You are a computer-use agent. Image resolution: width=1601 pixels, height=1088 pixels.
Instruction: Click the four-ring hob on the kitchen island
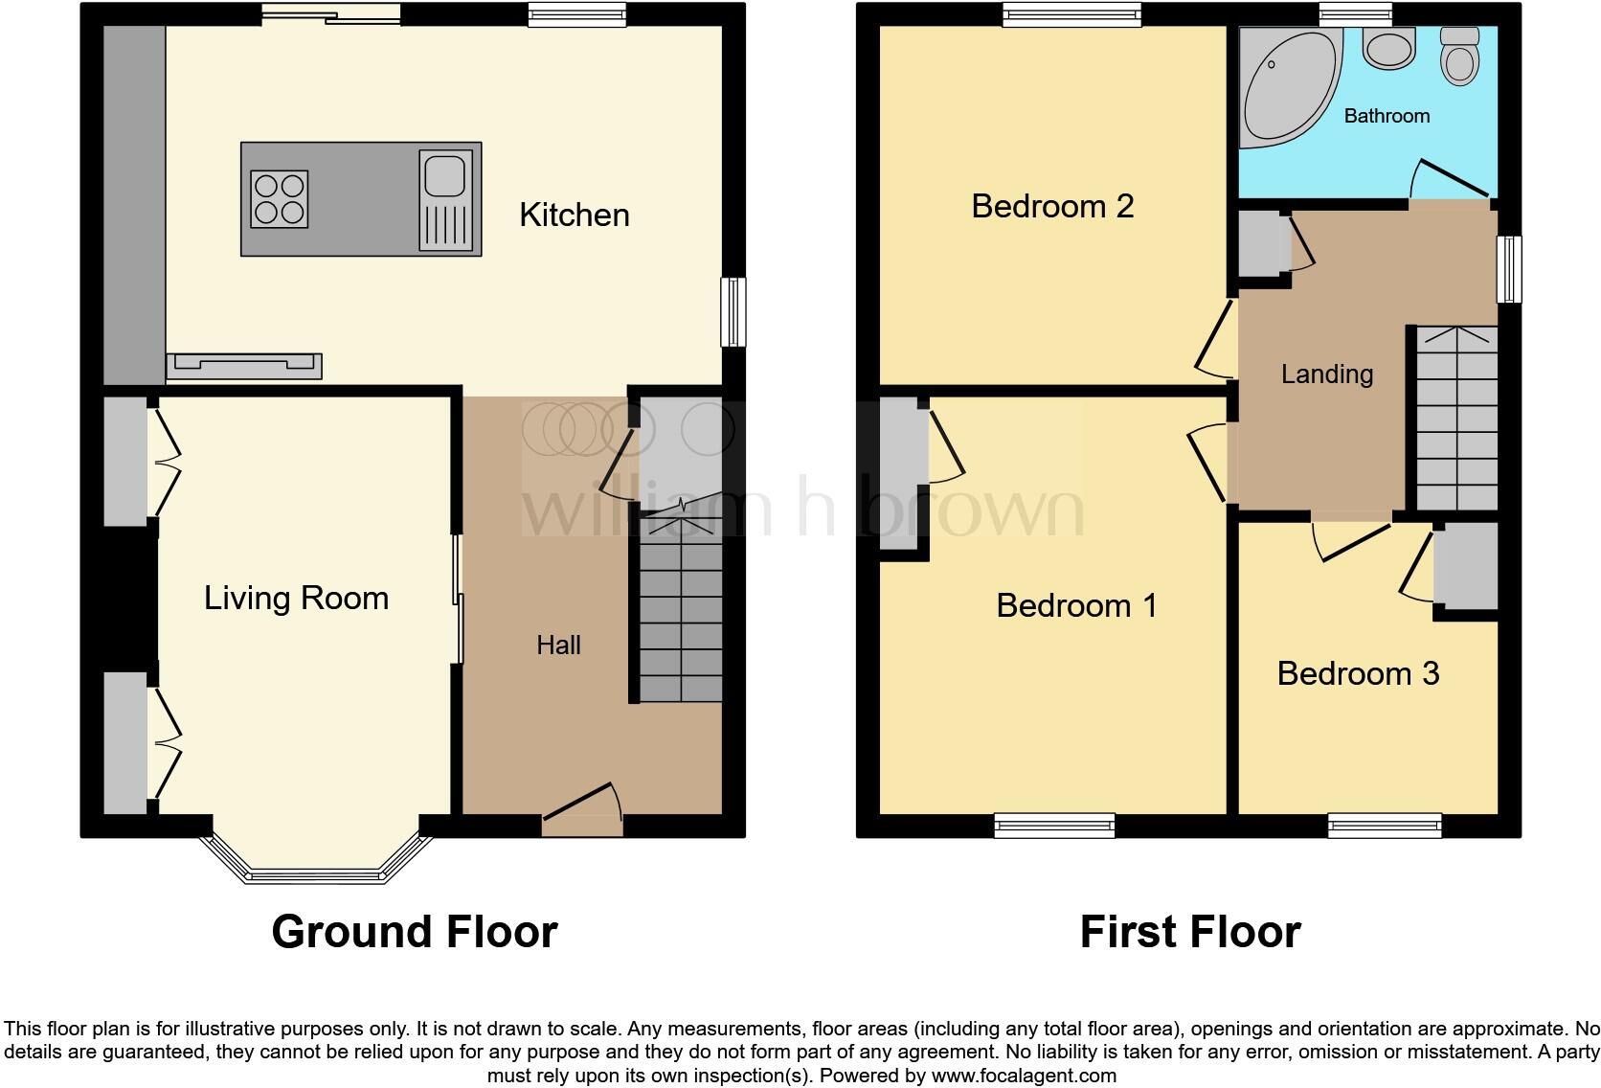pos(279,199)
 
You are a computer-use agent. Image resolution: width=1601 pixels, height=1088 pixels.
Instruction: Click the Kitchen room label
pos(574,215)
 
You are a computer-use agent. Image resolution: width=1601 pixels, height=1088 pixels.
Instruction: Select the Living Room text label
pos(296,599)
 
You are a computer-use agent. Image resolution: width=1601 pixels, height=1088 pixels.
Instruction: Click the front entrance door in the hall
pos(582,810)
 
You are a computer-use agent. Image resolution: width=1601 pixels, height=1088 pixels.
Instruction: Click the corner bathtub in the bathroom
pos(1283,86)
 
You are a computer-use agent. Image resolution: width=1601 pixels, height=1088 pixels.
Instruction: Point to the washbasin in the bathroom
pos(1389,48)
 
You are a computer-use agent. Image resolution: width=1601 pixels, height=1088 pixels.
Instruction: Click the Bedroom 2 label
pos(1052,206)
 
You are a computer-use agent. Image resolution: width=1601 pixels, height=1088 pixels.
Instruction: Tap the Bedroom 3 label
pos(1358,673)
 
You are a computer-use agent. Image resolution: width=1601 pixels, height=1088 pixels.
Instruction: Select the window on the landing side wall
pos(1509,269)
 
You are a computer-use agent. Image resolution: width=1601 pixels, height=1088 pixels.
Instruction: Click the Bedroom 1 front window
pos(1054,825)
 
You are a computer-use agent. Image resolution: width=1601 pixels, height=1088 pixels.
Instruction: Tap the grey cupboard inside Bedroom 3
pos(1465,566)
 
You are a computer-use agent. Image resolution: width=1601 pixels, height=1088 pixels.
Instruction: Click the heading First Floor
pos(1189,932)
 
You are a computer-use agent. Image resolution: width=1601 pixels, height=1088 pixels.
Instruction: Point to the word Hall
pos(558,646)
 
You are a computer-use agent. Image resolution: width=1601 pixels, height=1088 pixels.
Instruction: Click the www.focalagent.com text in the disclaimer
pos(1022,1076)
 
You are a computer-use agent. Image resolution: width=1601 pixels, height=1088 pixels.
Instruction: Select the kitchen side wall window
pos(733,311)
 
